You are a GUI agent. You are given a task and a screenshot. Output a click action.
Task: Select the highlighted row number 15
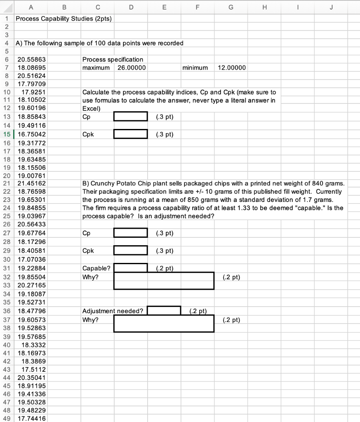(x=7, y=134)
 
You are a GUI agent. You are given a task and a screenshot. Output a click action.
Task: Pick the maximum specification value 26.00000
(x=132, y=67)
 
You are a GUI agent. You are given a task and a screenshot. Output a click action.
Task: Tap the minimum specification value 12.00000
(x=231, y=67)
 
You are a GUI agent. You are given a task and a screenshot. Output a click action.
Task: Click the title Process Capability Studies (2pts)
(x=63, y=19)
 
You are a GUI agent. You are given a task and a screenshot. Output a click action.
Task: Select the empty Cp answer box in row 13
(x=131, y=117)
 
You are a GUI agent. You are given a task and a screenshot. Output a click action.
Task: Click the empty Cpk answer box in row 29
(x=131, y=250)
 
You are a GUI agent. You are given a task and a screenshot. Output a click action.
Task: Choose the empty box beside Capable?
(x=131, y=268)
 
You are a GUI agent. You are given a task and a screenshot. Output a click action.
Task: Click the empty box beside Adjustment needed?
(x=164, y=310)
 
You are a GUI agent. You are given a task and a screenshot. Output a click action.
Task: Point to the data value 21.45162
(x=32, y=183)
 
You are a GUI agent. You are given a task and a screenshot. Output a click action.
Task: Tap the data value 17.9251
(x=33, y=92)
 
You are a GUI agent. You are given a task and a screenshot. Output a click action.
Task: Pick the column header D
(x=131, y=6)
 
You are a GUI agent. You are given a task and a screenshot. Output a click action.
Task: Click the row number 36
(x=7, y=311)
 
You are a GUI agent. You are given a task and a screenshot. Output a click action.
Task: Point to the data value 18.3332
(x=33, y=345)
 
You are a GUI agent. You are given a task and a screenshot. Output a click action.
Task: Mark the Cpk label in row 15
(x=88, y=134)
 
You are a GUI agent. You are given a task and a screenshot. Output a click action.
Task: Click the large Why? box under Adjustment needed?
(x=164, y=324)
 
